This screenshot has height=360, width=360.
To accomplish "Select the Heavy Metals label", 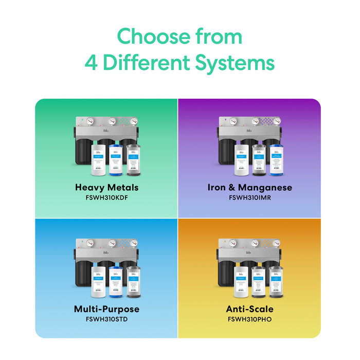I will point(106,187).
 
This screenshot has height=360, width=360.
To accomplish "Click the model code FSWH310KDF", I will point(106,197).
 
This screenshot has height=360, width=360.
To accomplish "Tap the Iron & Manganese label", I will point(249,187).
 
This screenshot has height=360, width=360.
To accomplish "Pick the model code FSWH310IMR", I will point(249,197).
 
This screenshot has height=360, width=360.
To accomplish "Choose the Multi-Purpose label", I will point(106,309).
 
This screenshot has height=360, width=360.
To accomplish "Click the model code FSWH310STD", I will point(106,319).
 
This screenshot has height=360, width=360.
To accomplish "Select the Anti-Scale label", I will point(249,309).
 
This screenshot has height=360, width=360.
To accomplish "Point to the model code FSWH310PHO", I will point(249,319).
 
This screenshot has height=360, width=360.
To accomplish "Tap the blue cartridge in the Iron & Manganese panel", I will point(277,160).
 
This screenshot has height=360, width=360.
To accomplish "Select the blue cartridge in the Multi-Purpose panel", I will point(117,281).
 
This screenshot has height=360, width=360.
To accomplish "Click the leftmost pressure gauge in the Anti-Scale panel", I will point(232,243).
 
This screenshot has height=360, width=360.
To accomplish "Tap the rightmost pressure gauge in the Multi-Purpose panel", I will point(134,243).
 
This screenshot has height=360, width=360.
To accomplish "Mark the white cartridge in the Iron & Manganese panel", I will point(241,160).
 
